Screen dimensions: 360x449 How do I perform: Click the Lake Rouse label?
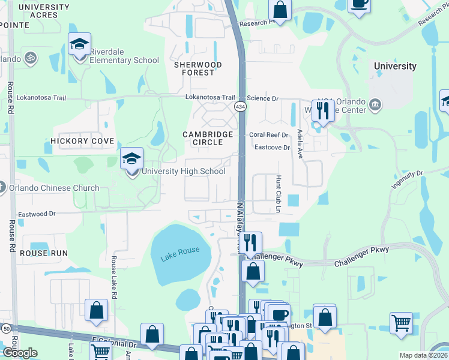click(x=180, y=251)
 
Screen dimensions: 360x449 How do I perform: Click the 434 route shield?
click(x=240, y=106)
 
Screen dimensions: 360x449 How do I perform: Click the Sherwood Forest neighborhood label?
click(x=197, y=68)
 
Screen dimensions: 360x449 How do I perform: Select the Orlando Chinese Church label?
click(x=54, y=188)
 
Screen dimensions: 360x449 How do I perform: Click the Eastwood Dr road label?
click(x=37, y=213)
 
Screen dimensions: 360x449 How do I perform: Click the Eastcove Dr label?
click(x=272, y=147)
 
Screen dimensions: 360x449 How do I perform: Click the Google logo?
click(x=20, y=353)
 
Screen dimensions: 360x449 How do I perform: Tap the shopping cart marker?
click(x=401, y=323)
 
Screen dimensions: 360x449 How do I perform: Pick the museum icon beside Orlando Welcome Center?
click(x=375, y=106)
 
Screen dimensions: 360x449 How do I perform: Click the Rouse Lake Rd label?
click(x=113, y=275)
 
